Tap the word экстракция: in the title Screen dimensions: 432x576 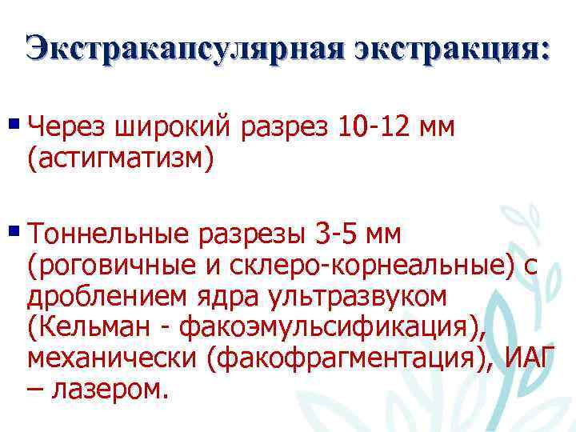[453, 49]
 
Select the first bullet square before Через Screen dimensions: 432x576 [16, 123]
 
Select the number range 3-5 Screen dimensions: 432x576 [336, 234]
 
